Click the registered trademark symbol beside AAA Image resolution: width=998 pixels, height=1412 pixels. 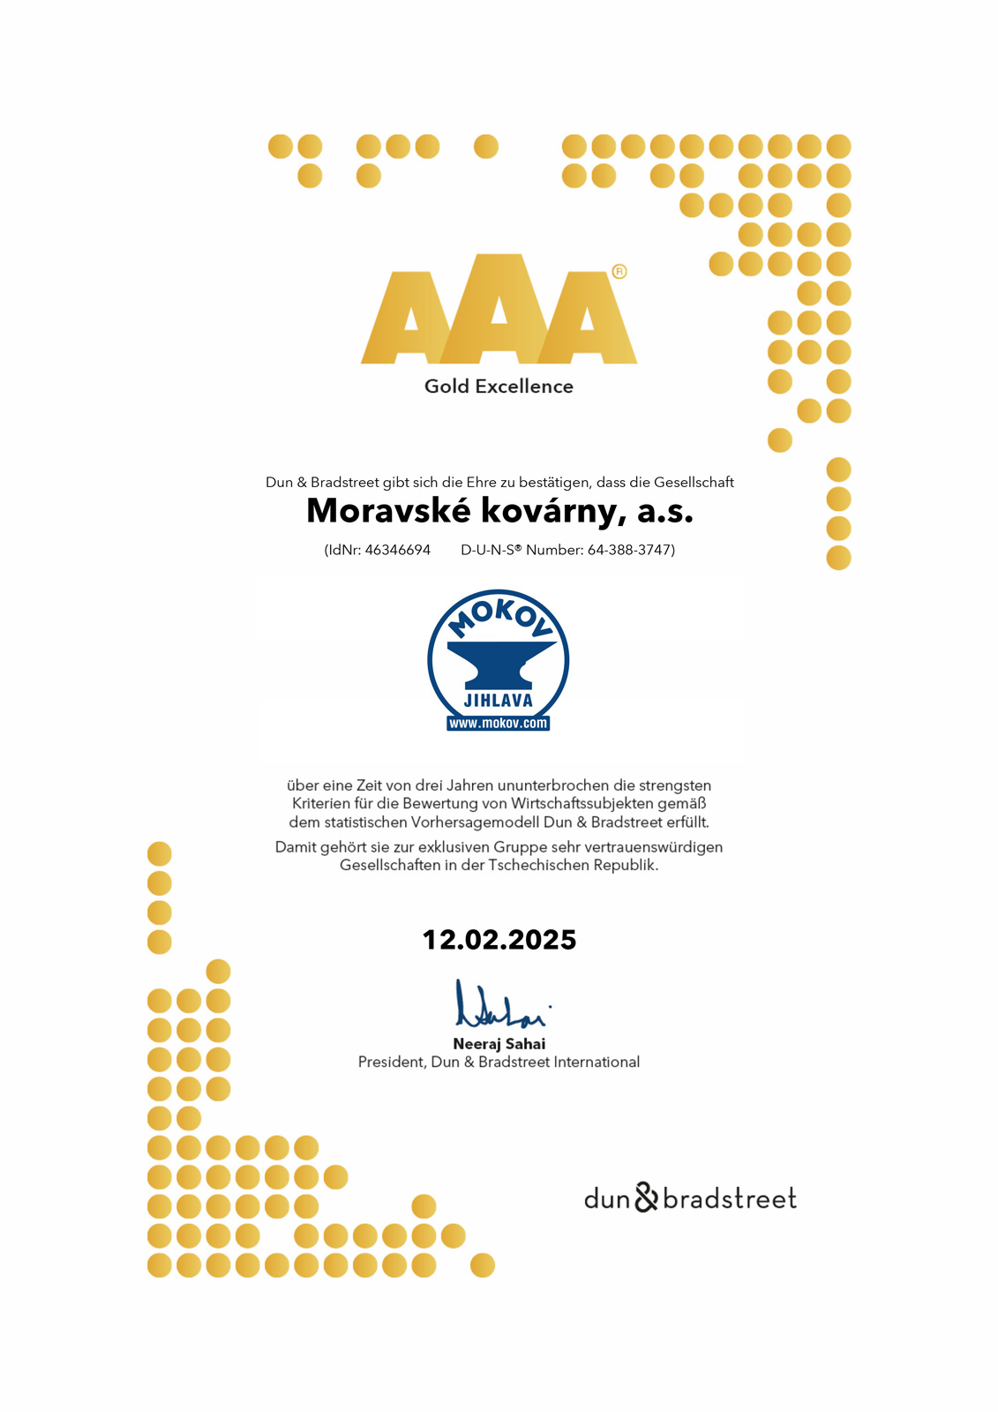pyautogui.click(x=619, y=272)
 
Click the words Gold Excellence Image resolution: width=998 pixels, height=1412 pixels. pyautogui.click(x=499, y=387)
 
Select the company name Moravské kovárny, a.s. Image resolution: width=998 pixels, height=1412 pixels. pyautogui.click(x=499, y=511)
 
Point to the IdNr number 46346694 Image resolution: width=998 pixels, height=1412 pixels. pyautogui.click(x=398, y=550)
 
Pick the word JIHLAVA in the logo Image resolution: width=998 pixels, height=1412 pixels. pyautogui.click(x=499, y=701)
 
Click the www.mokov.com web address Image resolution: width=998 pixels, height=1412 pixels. pyautogui.click(x=499, y=724)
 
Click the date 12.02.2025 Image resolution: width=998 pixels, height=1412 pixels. pyautogui.click(x=499, y=940)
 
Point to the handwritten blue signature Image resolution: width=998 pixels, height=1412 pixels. pyautogui.click(x=499, y=1006)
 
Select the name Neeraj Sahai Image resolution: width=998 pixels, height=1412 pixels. pyautogui.click(x=499, y=1044)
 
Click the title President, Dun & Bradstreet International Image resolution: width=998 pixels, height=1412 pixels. pyautogui.click(x=499, y=1063)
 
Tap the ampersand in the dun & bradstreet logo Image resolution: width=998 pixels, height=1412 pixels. pyautogui.click(x=647, y=1198)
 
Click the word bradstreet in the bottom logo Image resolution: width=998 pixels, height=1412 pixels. pyautogui.click(x=730, y=1198)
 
